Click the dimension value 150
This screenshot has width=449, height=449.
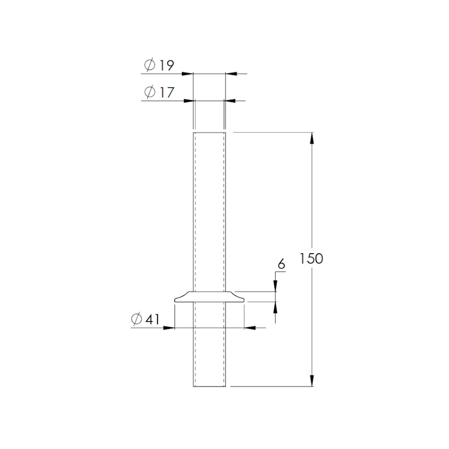click(x=311, y=259)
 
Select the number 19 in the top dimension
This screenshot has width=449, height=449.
click(x=167, y=65)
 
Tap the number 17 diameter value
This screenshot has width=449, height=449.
click(x=167, y=92)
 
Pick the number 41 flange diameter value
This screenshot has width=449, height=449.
click(x=152, y=319)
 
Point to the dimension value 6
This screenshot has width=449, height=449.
click(x=282, y=264)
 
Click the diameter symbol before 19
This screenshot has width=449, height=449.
click(x=150, y=65)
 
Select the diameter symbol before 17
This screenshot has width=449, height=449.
click(x=150, y=92)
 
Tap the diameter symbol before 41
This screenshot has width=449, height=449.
click(x=136, y=319)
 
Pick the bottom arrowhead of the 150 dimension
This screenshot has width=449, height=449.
click(x=312, y=381)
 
